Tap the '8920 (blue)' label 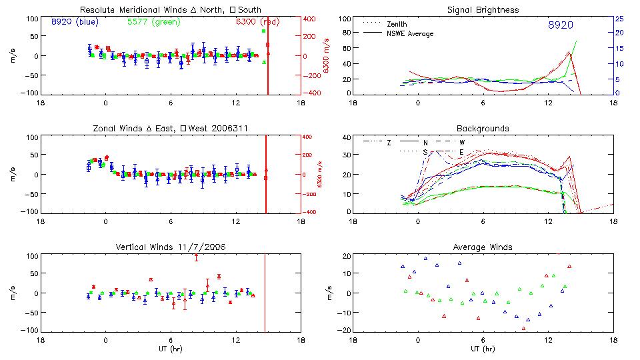click(x=75, y=21)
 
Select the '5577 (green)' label click(x=153, y=21)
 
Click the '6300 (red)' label click(x=261, y=21)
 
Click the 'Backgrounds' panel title click(x=483, y=128)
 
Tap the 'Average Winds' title click(x=483, y=247)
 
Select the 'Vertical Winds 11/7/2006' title click(x=171, y=247)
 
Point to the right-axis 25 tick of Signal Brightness click(x=619, y=19)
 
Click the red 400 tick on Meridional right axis click(x=311, y=19)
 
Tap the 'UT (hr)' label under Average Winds click(x=483, y=349)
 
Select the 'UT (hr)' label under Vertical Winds click(x=171, y=349)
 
